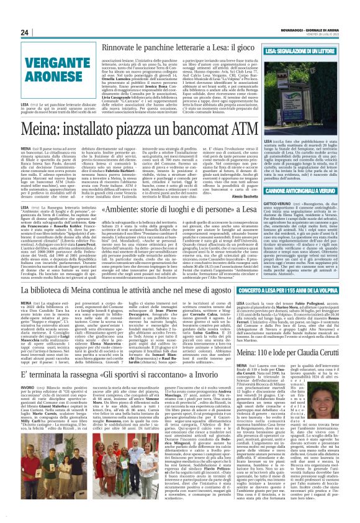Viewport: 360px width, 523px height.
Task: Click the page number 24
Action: click(x=25, y=32)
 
